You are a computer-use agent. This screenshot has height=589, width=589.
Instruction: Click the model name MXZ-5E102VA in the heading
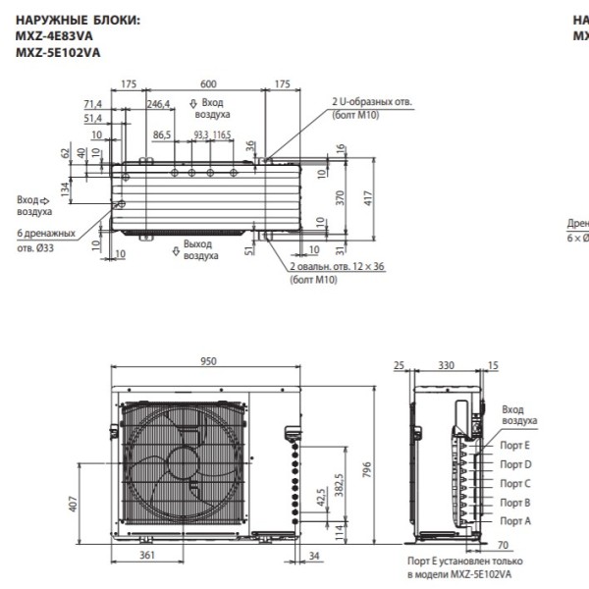click(58, 52)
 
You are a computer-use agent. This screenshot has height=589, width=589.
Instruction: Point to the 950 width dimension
click(208, 361)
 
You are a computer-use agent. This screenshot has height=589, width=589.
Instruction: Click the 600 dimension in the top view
click(208, 84)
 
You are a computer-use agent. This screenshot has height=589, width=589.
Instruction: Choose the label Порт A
click(514, 519)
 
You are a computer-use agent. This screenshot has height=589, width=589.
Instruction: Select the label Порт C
click(514, 483)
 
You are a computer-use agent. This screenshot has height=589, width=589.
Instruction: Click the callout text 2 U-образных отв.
click(372, 102)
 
